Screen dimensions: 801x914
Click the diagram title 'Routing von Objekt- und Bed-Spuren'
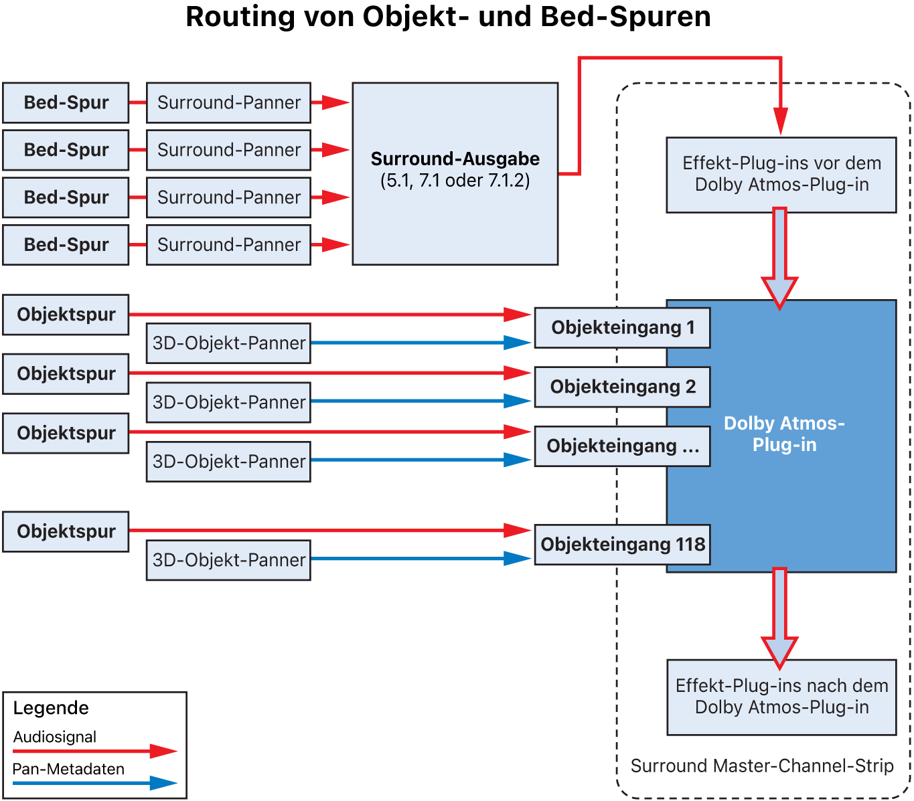(448, 17)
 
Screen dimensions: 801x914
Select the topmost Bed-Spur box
(66, 103)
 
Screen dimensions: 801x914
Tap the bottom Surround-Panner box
(228, 245)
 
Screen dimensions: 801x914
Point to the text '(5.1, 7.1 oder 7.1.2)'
(455, 181)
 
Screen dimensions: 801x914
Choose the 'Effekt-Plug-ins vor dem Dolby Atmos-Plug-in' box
(781, 175)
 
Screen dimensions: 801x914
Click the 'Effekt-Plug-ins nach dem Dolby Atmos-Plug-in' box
(781, 697)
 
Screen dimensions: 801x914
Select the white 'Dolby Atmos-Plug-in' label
(784, 434)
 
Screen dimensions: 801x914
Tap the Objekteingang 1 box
(622, 328)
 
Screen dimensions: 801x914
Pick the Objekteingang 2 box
(622, 387)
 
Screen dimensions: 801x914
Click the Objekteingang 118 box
(622, 545)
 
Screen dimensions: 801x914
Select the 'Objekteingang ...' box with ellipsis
(622, 446)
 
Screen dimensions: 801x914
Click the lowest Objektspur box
(66, 532)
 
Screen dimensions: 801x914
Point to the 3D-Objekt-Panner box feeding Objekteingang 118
(228, 560)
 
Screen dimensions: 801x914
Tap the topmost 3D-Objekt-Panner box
(228, 343)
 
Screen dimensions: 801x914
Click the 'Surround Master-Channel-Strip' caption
(762, 766)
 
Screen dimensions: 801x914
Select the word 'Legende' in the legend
(51, 708)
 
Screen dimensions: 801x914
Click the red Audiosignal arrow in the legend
(94, 751)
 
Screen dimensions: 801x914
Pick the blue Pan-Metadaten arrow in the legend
(94, 783)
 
